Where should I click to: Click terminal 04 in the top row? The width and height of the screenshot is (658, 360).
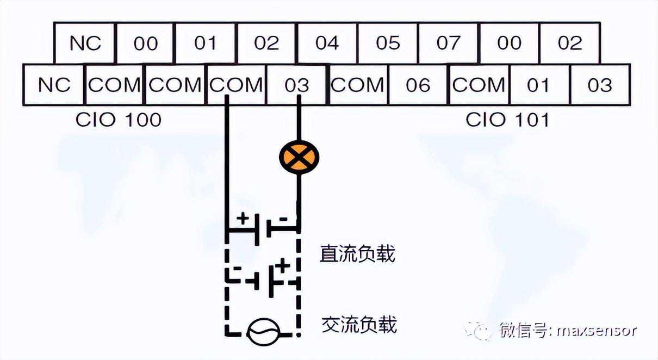pos(327,43)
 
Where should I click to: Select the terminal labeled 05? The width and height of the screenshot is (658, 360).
pos(388,43)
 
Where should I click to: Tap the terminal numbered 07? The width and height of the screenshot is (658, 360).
pos(448,43)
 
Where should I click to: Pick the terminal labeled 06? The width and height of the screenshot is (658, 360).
pos(418,85)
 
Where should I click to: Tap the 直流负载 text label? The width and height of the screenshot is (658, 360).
pos(357,254)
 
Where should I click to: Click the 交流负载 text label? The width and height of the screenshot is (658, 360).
pos(359,325)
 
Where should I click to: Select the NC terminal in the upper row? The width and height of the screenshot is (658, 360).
pos(85,43)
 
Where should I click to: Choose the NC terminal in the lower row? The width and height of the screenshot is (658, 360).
pos(54,85)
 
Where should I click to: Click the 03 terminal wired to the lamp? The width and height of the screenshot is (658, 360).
pos(296,85)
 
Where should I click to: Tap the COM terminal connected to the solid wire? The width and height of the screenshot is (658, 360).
pos(236,85)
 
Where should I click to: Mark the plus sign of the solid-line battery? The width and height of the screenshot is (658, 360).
pos(243,220)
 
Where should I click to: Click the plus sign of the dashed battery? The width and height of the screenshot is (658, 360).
pos(283,266)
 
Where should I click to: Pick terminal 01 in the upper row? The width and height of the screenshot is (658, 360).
pos(206,43)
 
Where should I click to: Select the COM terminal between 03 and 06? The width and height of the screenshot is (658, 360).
pos(357,85)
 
